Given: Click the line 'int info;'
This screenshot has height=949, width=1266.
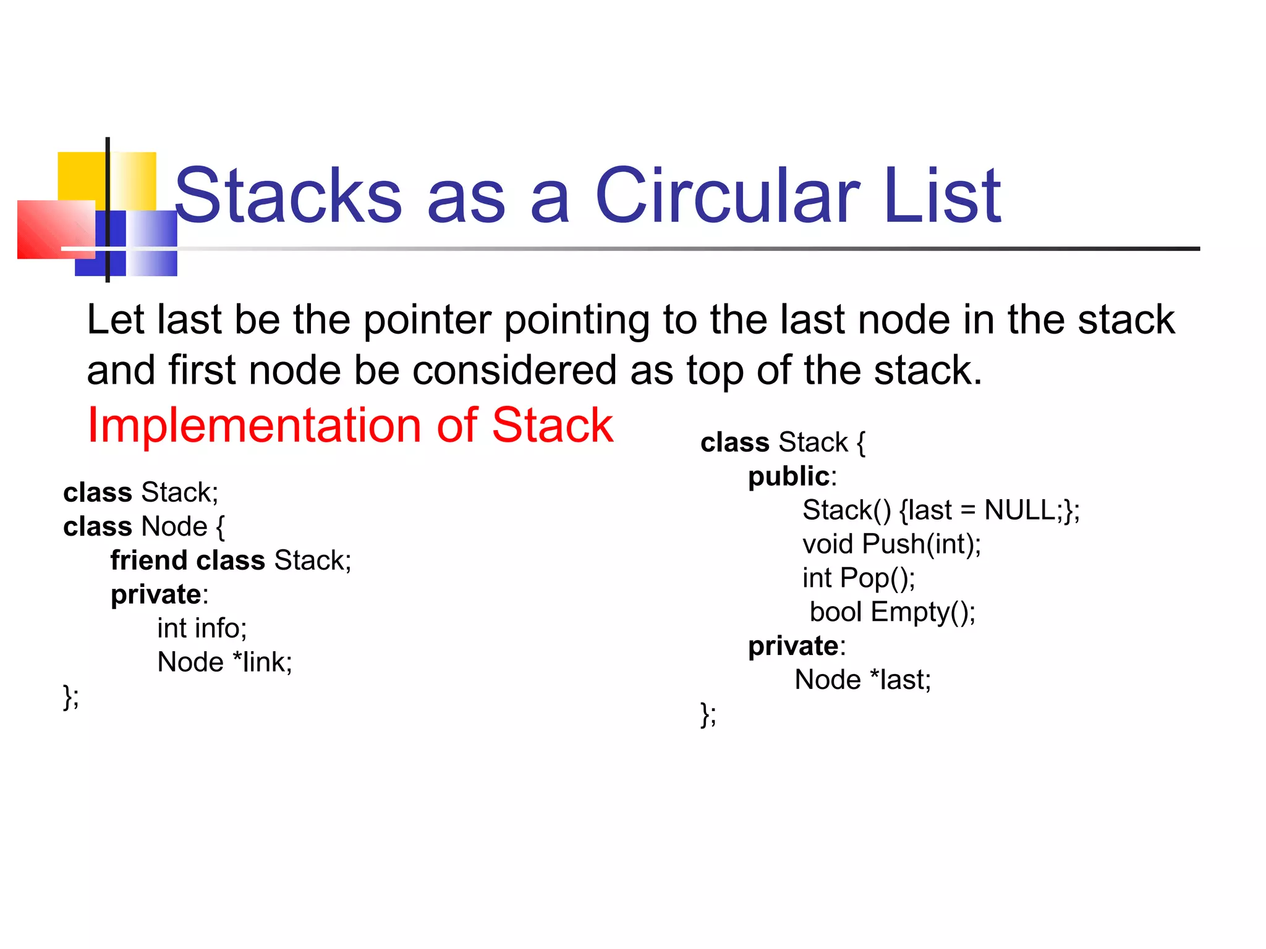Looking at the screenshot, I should (202, 628).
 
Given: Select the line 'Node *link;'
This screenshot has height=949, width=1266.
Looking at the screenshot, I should (224, 662).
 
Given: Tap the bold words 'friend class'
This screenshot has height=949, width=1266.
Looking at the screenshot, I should (187, 560).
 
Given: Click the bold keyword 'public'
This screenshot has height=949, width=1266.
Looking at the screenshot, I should (788, 476).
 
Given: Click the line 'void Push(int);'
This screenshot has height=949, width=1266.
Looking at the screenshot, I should (891, 544).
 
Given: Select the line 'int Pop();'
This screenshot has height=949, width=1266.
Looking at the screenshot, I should (858, 578).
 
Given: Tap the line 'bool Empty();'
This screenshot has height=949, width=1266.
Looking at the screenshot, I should (892, 612).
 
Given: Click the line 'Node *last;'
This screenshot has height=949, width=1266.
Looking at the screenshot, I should (862, 680).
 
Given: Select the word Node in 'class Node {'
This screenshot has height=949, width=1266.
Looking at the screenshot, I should (174, 526).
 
